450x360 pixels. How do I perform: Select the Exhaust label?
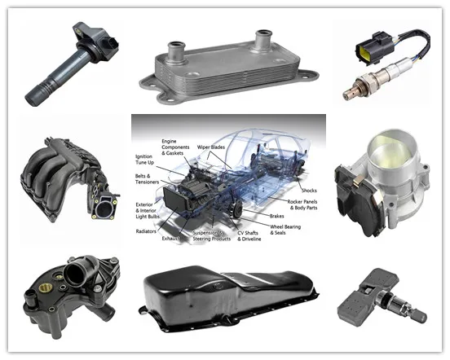tap(172, 240)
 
